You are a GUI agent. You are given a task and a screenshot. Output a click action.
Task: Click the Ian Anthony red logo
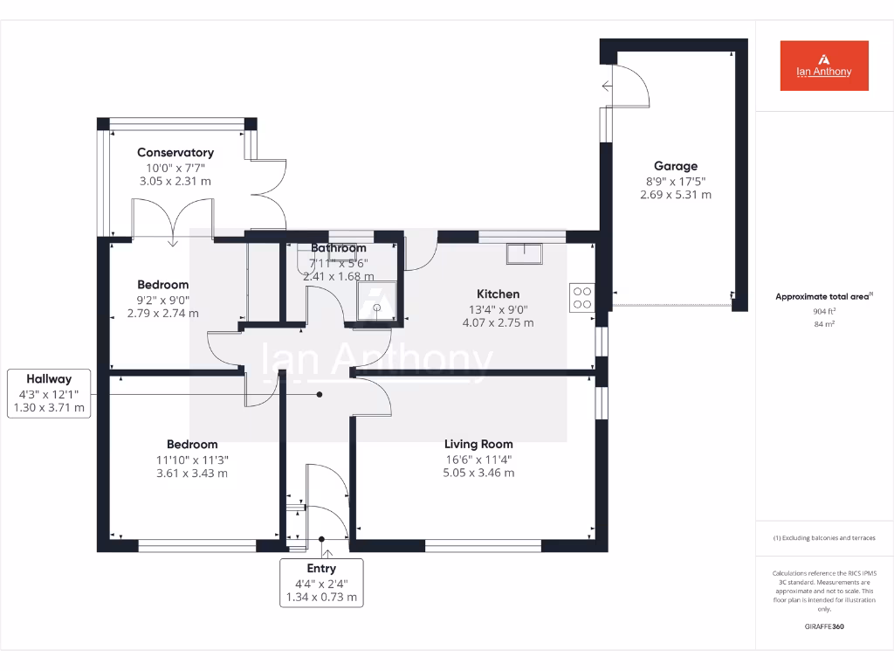(x=824, y=66)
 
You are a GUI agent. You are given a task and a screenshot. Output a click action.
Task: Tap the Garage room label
(x=676, y=166)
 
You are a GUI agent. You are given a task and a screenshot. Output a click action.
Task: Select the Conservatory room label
(x=175, y=153)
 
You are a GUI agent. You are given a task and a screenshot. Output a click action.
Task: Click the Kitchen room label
(x=498, y=294)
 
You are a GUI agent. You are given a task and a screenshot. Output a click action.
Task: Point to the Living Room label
(x=478, y=444)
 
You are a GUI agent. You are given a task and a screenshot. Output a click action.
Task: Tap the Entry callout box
(x=321, y=583)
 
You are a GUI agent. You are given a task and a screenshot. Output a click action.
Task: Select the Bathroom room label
(x=339, y=248)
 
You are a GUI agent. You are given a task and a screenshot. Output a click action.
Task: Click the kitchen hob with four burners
(x=582, y=298)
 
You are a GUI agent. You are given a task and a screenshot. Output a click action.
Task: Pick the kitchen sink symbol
(x=524, y=253)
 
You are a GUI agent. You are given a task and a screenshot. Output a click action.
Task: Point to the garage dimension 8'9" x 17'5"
(x=676, y=181)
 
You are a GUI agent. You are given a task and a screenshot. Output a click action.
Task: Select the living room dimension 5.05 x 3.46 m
(x=478, y=474)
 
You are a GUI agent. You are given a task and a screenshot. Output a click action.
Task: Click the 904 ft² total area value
(x=824, y=311)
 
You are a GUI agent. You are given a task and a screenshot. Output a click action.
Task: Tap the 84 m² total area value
(x=824, y=324)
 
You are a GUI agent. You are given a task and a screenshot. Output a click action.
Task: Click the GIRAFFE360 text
(x=824, y=626)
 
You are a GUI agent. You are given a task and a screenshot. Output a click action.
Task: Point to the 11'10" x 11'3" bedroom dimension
(x=192, y=460)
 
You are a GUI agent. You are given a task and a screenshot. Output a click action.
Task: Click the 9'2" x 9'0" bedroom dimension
(x=163, y=300)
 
